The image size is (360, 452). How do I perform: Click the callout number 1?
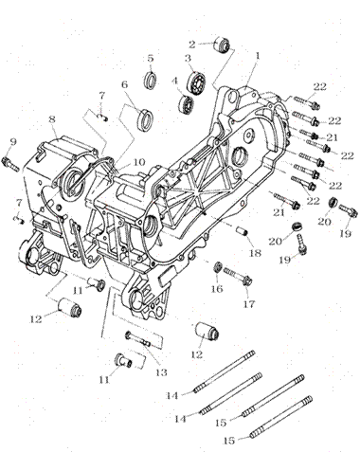click(258, 56)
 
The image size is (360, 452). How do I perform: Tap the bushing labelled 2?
click(223, 45)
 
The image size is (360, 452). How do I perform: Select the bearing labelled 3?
click(198, 81)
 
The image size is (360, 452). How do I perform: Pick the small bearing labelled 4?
click(187, 103)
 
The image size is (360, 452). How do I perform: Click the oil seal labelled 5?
click(151, 80)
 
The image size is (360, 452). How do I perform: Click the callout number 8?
click(52, 119)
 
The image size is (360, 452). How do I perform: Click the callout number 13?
click(161, 372)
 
